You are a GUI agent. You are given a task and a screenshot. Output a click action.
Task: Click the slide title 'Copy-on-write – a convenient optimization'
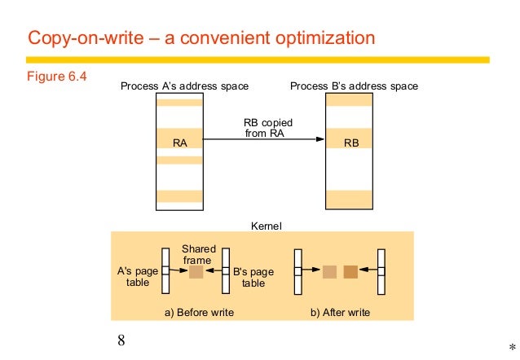coord(202,38)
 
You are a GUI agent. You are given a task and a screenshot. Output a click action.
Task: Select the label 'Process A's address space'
coord(184,86)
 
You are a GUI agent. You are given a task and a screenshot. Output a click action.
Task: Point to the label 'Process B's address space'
coord(355,86)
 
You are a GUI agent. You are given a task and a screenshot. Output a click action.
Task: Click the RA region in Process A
coord(180,142)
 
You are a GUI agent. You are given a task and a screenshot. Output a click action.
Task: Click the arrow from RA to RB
coord(261,141)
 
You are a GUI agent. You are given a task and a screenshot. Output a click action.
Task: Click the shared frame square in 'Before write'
coord(196,271)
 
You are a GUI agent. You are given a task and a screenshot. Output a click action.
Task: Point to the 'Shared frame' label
coord(198,253)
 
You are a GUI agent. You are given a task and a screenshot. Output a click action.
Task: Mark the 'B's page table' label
coord(253,279)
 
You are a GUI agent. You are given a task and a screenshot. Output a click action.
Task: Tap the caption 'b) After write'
coord(345,313)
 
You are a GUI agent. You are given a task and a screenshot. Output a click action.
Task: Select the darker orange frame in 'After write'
coord(350,271)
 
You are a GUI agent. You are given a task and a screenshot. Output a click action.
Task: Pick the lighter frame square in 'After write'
coord(329,271)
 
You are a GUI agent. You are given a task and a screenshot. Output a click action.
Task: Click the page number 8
coord(122,340)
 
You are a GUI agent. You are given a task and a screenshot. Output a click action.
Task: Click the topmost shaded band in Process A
coord(180,103)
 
